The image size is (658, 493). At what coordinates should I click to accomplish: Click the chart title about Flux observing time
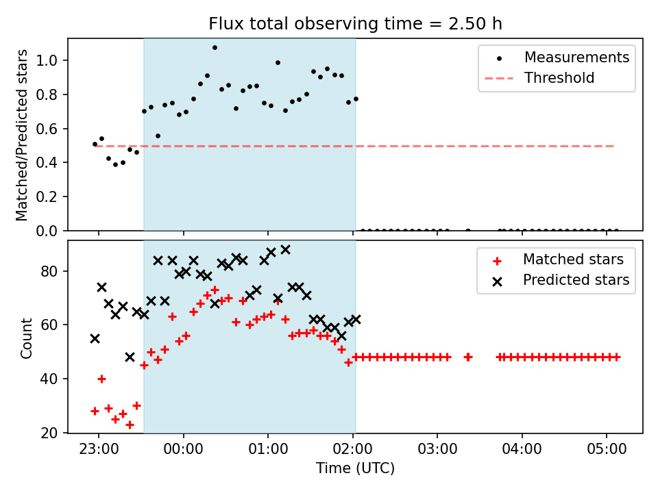tap(355, 24)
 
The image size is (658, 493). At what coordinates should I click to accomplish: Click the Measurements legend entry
tap(576, 58)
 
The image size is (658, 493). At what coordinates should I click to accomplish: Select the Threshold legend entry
tap(559, 78)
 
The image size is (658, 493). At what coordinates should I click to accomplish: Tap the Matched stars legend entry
tap(573, 260)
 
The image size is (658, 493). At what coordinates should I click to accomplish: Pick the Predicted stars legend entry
tap(576, 280)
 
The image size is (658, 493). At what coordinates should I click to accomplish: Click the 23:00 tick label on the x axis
tap(98, 451)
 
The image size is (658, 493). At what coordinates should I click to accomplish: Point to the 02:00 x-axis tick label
tap(353, 451)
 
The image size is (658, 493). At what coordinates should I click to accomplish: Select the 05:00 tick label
tap(607, 451)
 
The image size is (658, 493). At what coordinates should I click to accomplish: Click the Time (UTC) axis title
tap(355, 469)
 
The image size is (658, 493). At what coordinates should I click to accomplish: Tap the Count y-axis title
tap(27, 338)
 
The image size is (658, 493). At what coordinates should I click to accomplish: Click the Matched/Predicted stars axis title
tap(23, 135)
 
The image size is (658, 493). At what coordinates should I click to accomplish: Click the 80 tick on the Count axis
tap(53, 271)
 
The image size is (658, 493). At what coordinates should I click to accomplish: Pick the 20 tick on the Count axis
tap(53, 433)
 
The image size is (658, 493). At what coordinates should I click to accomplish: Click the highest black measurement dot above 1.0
tap(215, 48)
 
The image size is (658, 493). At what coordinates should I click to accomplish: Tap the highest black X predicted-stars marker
tap(285, 249)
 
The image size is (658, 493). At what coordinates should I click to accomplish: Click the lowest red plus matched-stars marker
tap(130, 425)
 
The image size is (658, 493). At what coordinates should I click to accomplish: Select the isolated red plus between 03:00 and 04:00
tap(468, 357)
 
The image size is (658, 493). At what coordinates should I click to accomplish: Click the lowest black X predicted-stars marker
tap(130, 357)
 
